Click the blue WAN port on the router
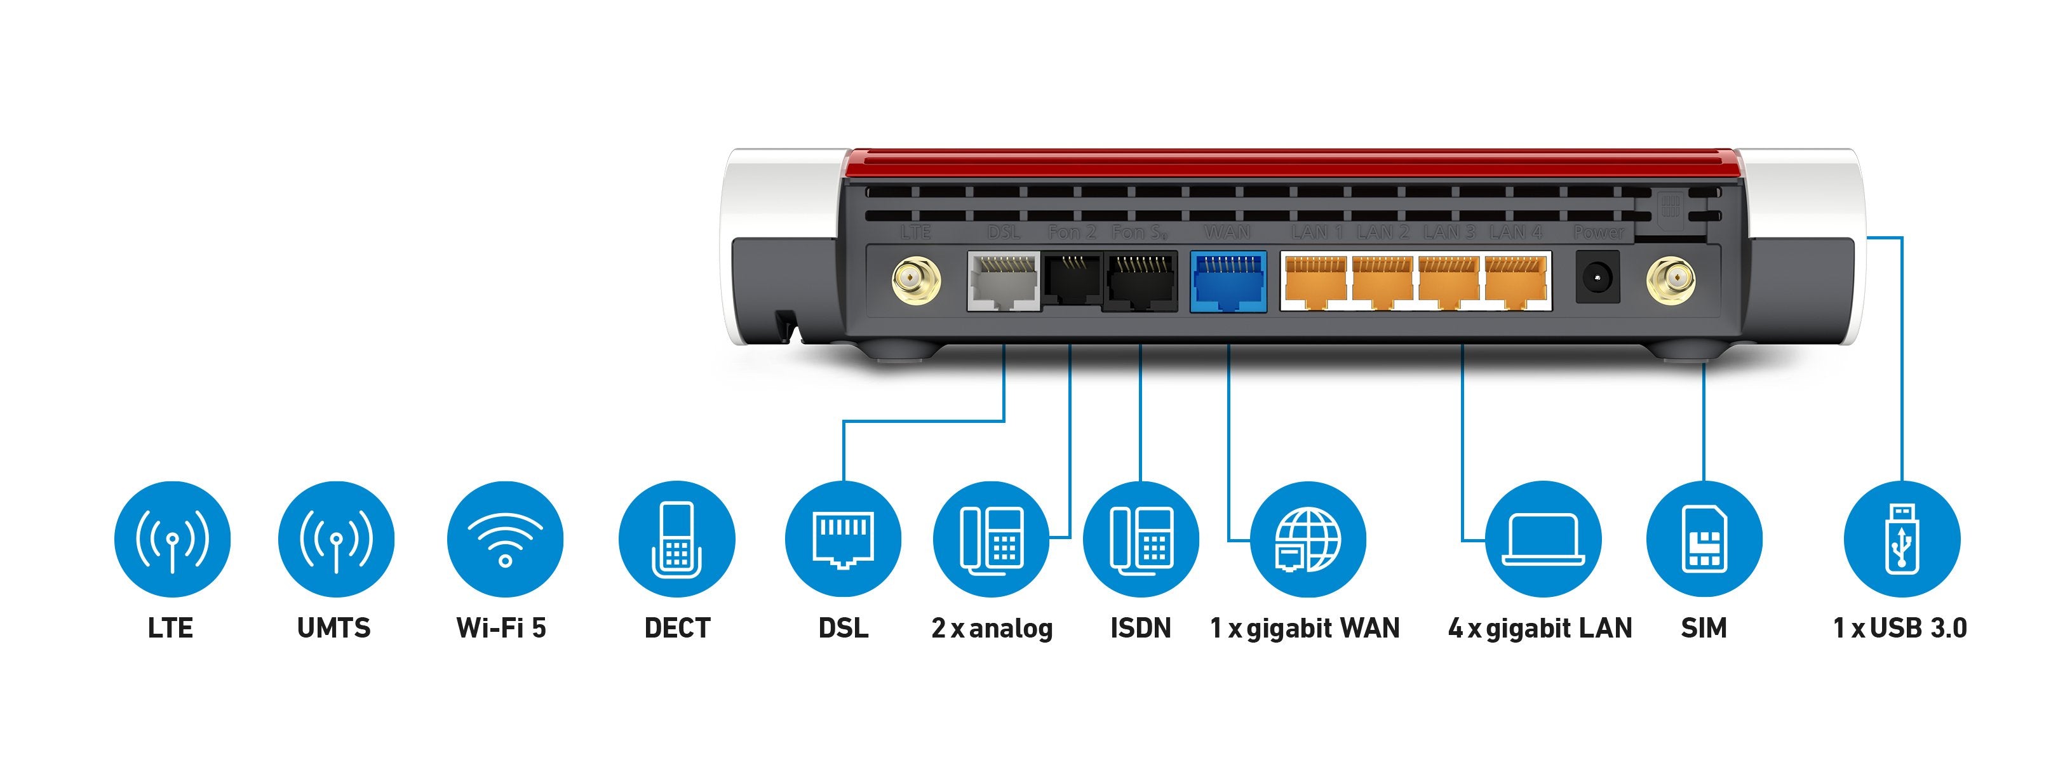(1228, 282)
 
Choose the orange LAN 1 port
(1315, 282)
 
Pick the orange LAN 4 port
(1516, 282)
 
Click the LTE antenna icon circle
(171, 539)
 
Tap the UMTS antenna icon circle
(335, 539)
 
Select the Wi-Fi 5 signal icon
(505, 539)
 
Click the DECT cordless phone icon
(676, 539)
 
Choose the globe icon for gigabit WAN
(1308, 539)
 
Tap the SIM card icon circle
(1704, 539)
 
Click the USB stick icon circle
(1901, 539)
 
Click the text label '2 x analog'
(992, 629)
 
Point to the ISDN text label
(1140, 629)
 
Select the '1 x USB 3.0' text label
(1900, 629)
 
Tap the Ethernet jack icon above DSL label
(843, 539)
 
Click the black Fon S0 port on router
(1140, 282)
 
